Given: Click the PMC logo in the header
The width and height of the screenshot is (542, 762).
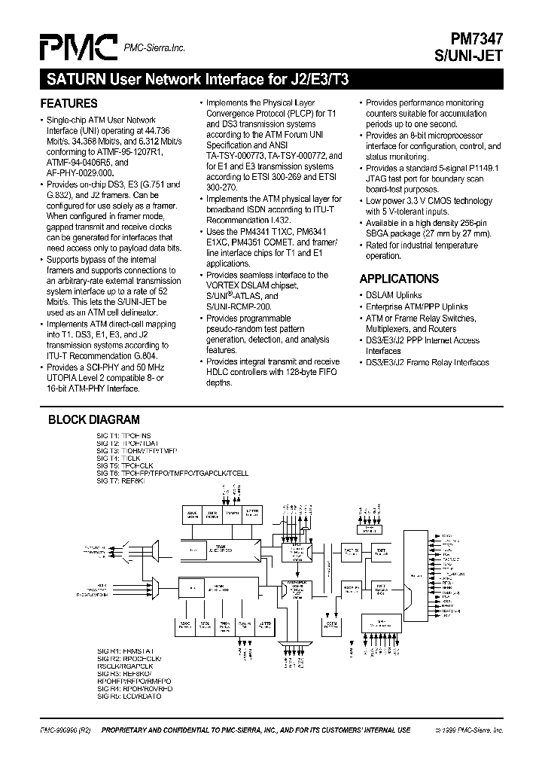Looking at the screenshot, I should coord(78,47).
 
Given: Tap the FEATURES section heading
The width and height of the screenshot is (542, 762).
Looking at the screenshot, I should coord(69,103).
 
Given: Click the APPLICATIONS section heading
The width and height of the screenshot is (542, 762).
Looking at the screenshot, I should coord(399,279).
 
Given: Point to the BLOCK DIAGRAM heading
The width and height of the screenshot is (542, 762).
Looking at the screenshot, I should coord(94,420).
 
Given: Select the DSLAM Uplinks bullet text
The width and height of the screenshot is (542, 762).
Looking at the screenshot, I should coord(394,295).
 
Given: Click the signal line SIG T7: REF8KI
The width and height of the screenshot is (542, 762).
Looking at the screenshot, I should coord(123,479).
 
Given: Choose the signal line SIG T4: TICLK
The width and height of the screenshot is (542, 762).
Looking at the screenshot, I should coord(119,458).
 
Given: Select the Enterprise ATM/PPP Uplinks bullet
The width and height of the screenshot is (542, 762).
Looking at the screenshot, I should coord(416,306).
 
